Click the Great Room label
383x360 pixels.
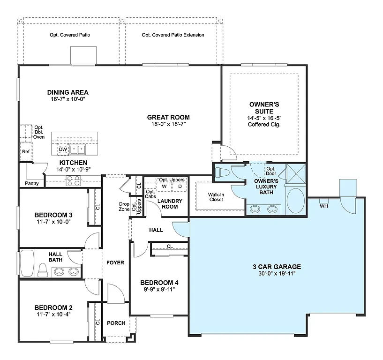(x=168, y=117)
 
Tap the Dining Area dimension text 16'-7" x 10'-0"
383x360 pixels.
(x=68, y=99)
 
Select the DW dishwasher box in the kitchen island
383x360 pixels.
(x=63, y=150)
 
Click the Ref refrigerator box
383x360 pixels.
(x=25, y=152)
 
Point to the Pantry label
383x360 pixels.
(x=32, y=183)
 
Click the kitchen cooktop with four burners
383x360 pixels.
(x=73, y=180)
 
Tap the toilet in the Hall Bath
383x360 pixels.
(x=43, y=270)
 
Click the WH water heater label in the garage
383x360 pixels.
(x=323, y=206)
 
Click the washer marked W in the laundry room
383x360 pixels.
(x=164, y=186)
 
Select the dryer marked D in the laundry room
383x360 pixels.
(x=179, y=186)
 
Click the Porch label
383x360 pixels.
(x=116, y=323)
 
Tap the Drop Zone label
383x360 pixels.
(x=124, y=207)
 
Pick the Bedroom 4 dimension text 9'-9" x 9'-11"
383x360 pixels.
(x=159, y=289)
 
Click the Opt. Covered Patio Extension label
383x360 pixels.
(x=173, y=35)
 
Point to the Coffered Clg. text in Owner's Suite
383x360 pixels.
(x=264, y=124)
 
